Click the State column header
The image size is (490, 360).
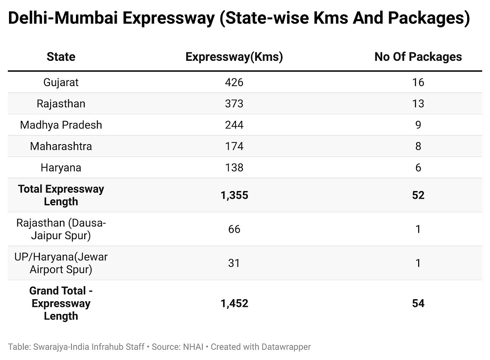(61, 57)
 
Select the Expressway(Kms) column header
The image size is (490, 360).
(234, 57)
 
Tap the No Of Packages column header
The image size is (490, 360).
(418, 57)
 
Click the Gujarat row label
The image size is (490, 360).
(61, 82)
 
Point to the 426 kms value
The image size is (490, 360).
(234, 82)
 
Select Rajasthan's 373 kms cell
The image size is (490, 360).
(234, 104)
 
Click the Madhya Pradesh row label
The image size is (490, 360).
(61, 125)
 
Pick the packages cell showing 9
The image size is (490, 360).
(418, 125)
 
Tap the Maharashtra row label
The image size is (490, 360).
(61, 146)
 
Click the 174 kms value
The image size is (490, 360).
(234, 146)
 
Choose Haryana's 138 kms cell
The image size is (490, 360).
(234, 167)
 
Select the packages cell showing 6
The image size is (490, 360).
(418, 167)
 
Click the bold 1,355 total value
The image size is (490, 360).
(234, 195)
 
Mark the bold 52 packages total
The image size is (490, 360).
(418, 195)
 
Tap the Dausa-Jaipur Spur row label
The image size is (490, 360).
(61, 229)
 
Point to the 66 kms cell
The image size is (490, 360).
(234, 229)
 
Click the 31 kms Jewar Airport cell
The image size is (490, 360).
(234, 263)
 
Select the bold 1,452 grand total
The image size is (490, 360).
(234, 303)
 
